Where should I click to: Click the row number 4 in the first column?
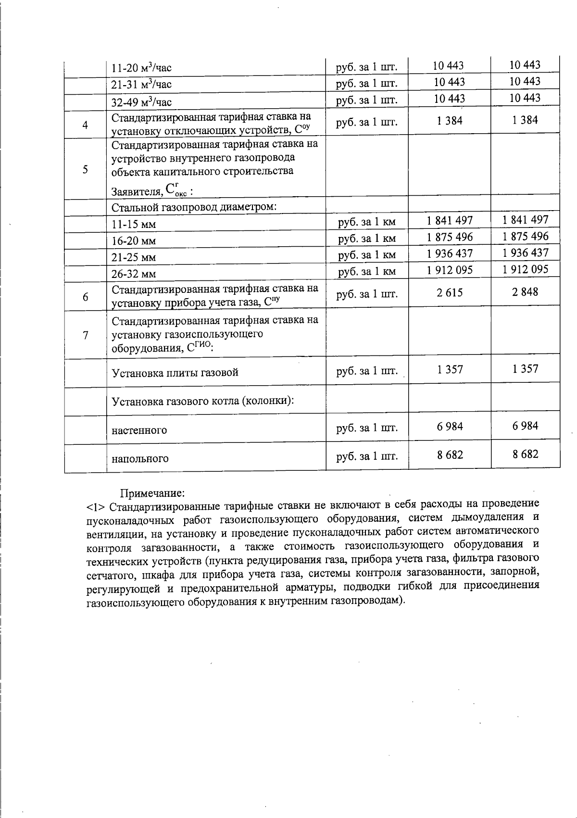[85, 125]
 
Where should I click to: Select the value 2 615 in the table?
[450, 292]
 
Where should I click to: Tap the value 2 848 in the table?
[525, 291]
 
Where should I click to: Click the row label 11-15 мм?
[134, 225]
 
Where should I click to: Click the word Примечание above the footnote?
[152, 493]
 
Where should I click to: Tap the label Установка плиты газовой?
[175, 373]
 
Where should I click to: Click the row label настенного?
[139, 430]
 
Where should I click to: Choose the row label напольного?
[140, 458]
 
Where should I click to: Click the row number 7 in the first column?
[85, 335]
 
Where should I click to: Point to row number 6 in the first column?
[85, 297]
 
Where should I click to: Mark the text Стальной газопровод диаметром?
[194, 207]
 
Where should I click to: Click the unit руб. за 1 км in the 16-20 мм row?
[366, 239]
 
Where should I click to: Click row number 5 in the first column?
[85, 170]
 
